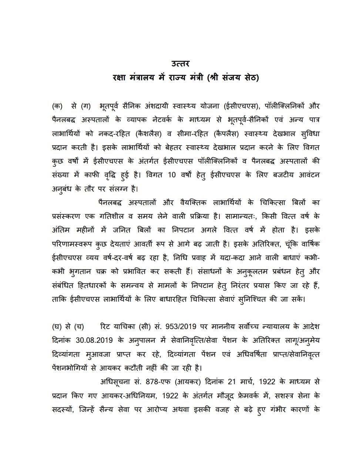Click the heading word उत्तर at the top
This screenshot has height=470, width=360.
click(180, 64)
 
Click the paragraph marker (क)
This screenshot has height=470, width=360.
click(57, 107)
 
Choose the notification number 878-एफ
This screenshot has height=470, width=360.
click(160, 382)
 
